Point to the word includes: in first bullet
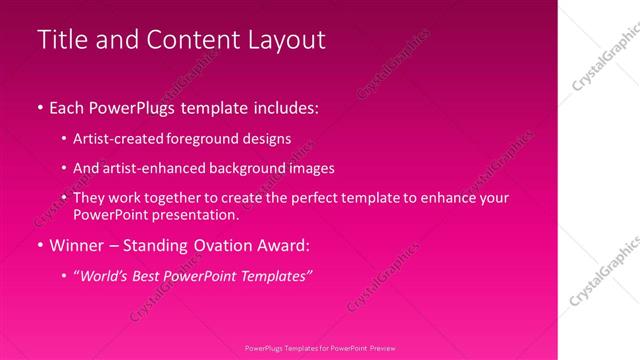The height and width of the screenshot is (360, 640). (286, 105)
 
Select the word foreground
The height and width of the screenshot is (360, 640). (194, 140)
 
